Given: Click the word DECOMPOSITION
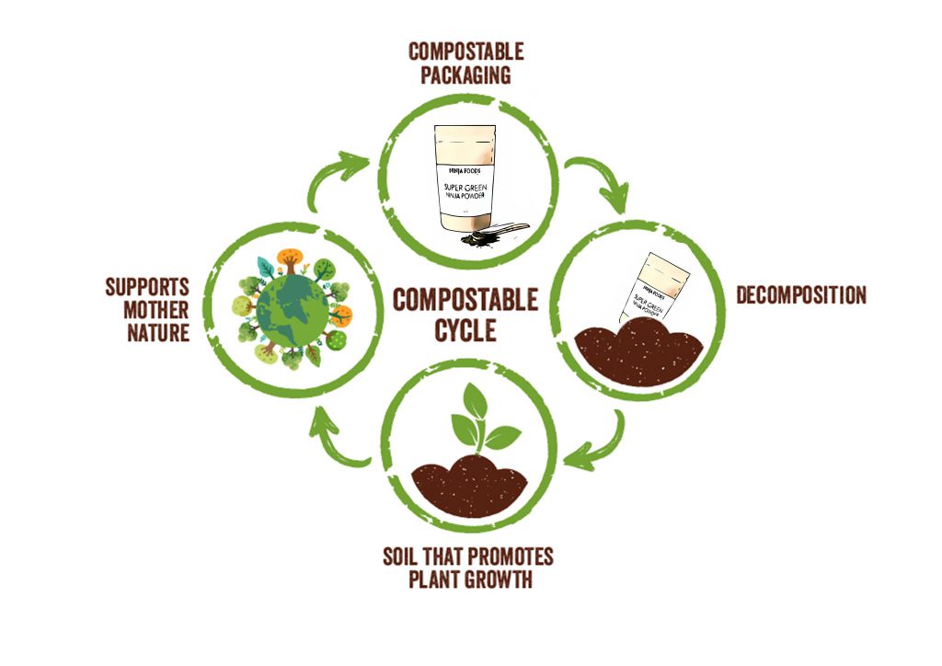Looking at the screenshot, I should tap(800, 296).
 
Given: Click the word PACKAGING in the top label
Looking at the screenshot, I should tap(465, 75).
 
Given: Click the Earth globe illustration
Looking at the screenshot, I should tap(291, 304).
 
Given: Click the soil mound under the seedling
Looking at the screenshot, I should tap(469, 486).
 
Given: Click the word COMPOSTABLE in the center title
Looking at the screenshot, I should tap(465, 300).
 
